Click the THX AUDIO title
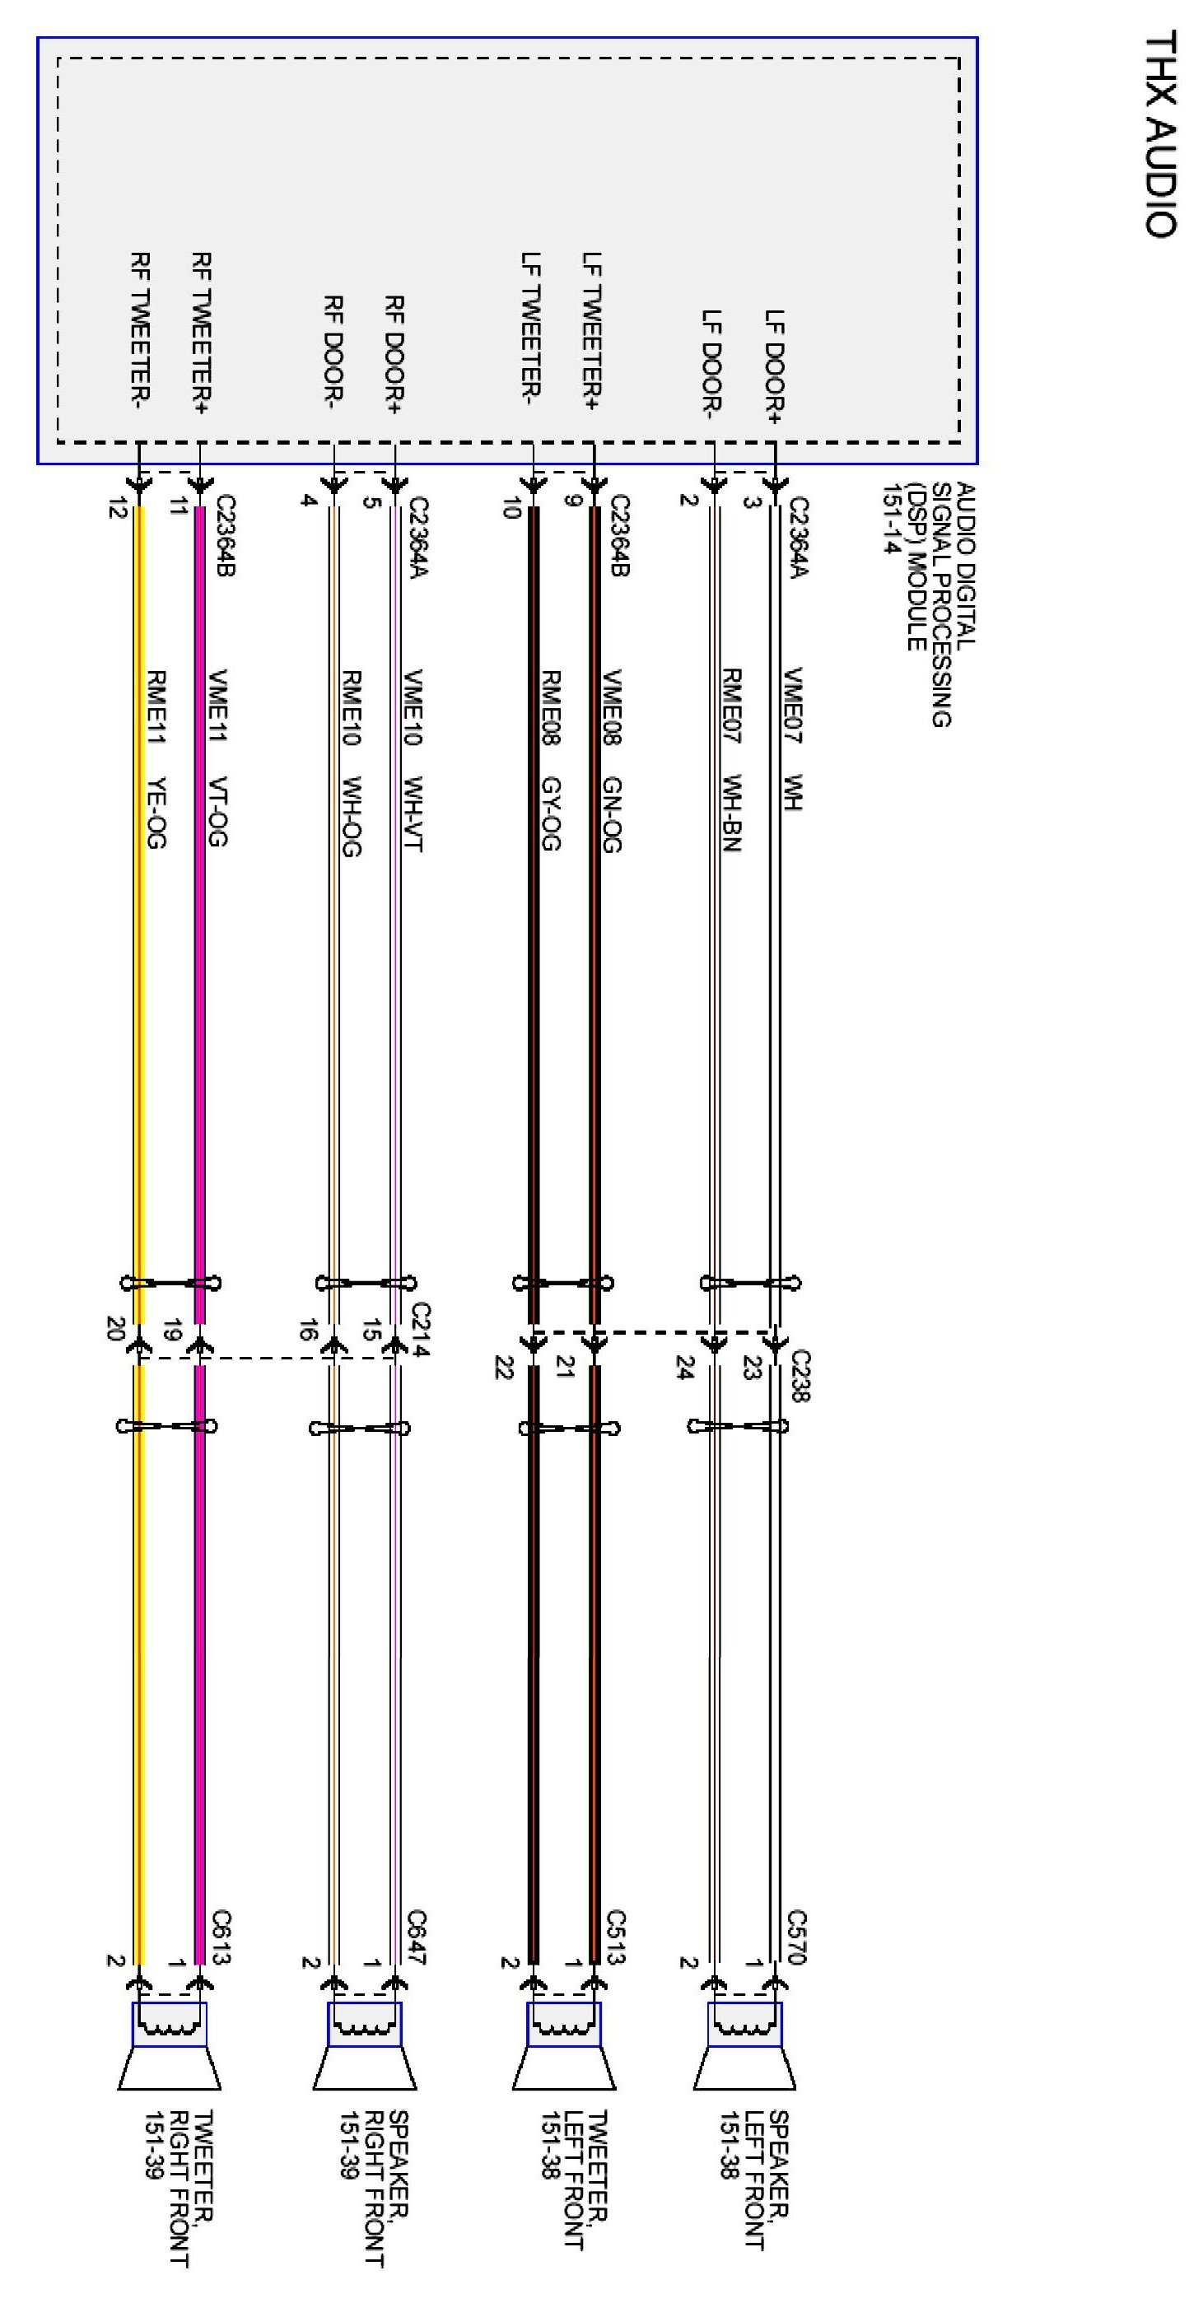(1160, 134)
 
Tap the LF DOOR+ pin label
(774, 366)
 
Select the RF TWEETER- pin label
(140, 330)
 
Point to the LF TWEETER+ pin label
(592, 330)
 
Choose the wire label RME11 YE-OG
(156, 759)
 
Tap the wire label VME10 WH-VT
(413, 760)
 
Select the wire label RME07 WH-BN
(732, 760)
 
